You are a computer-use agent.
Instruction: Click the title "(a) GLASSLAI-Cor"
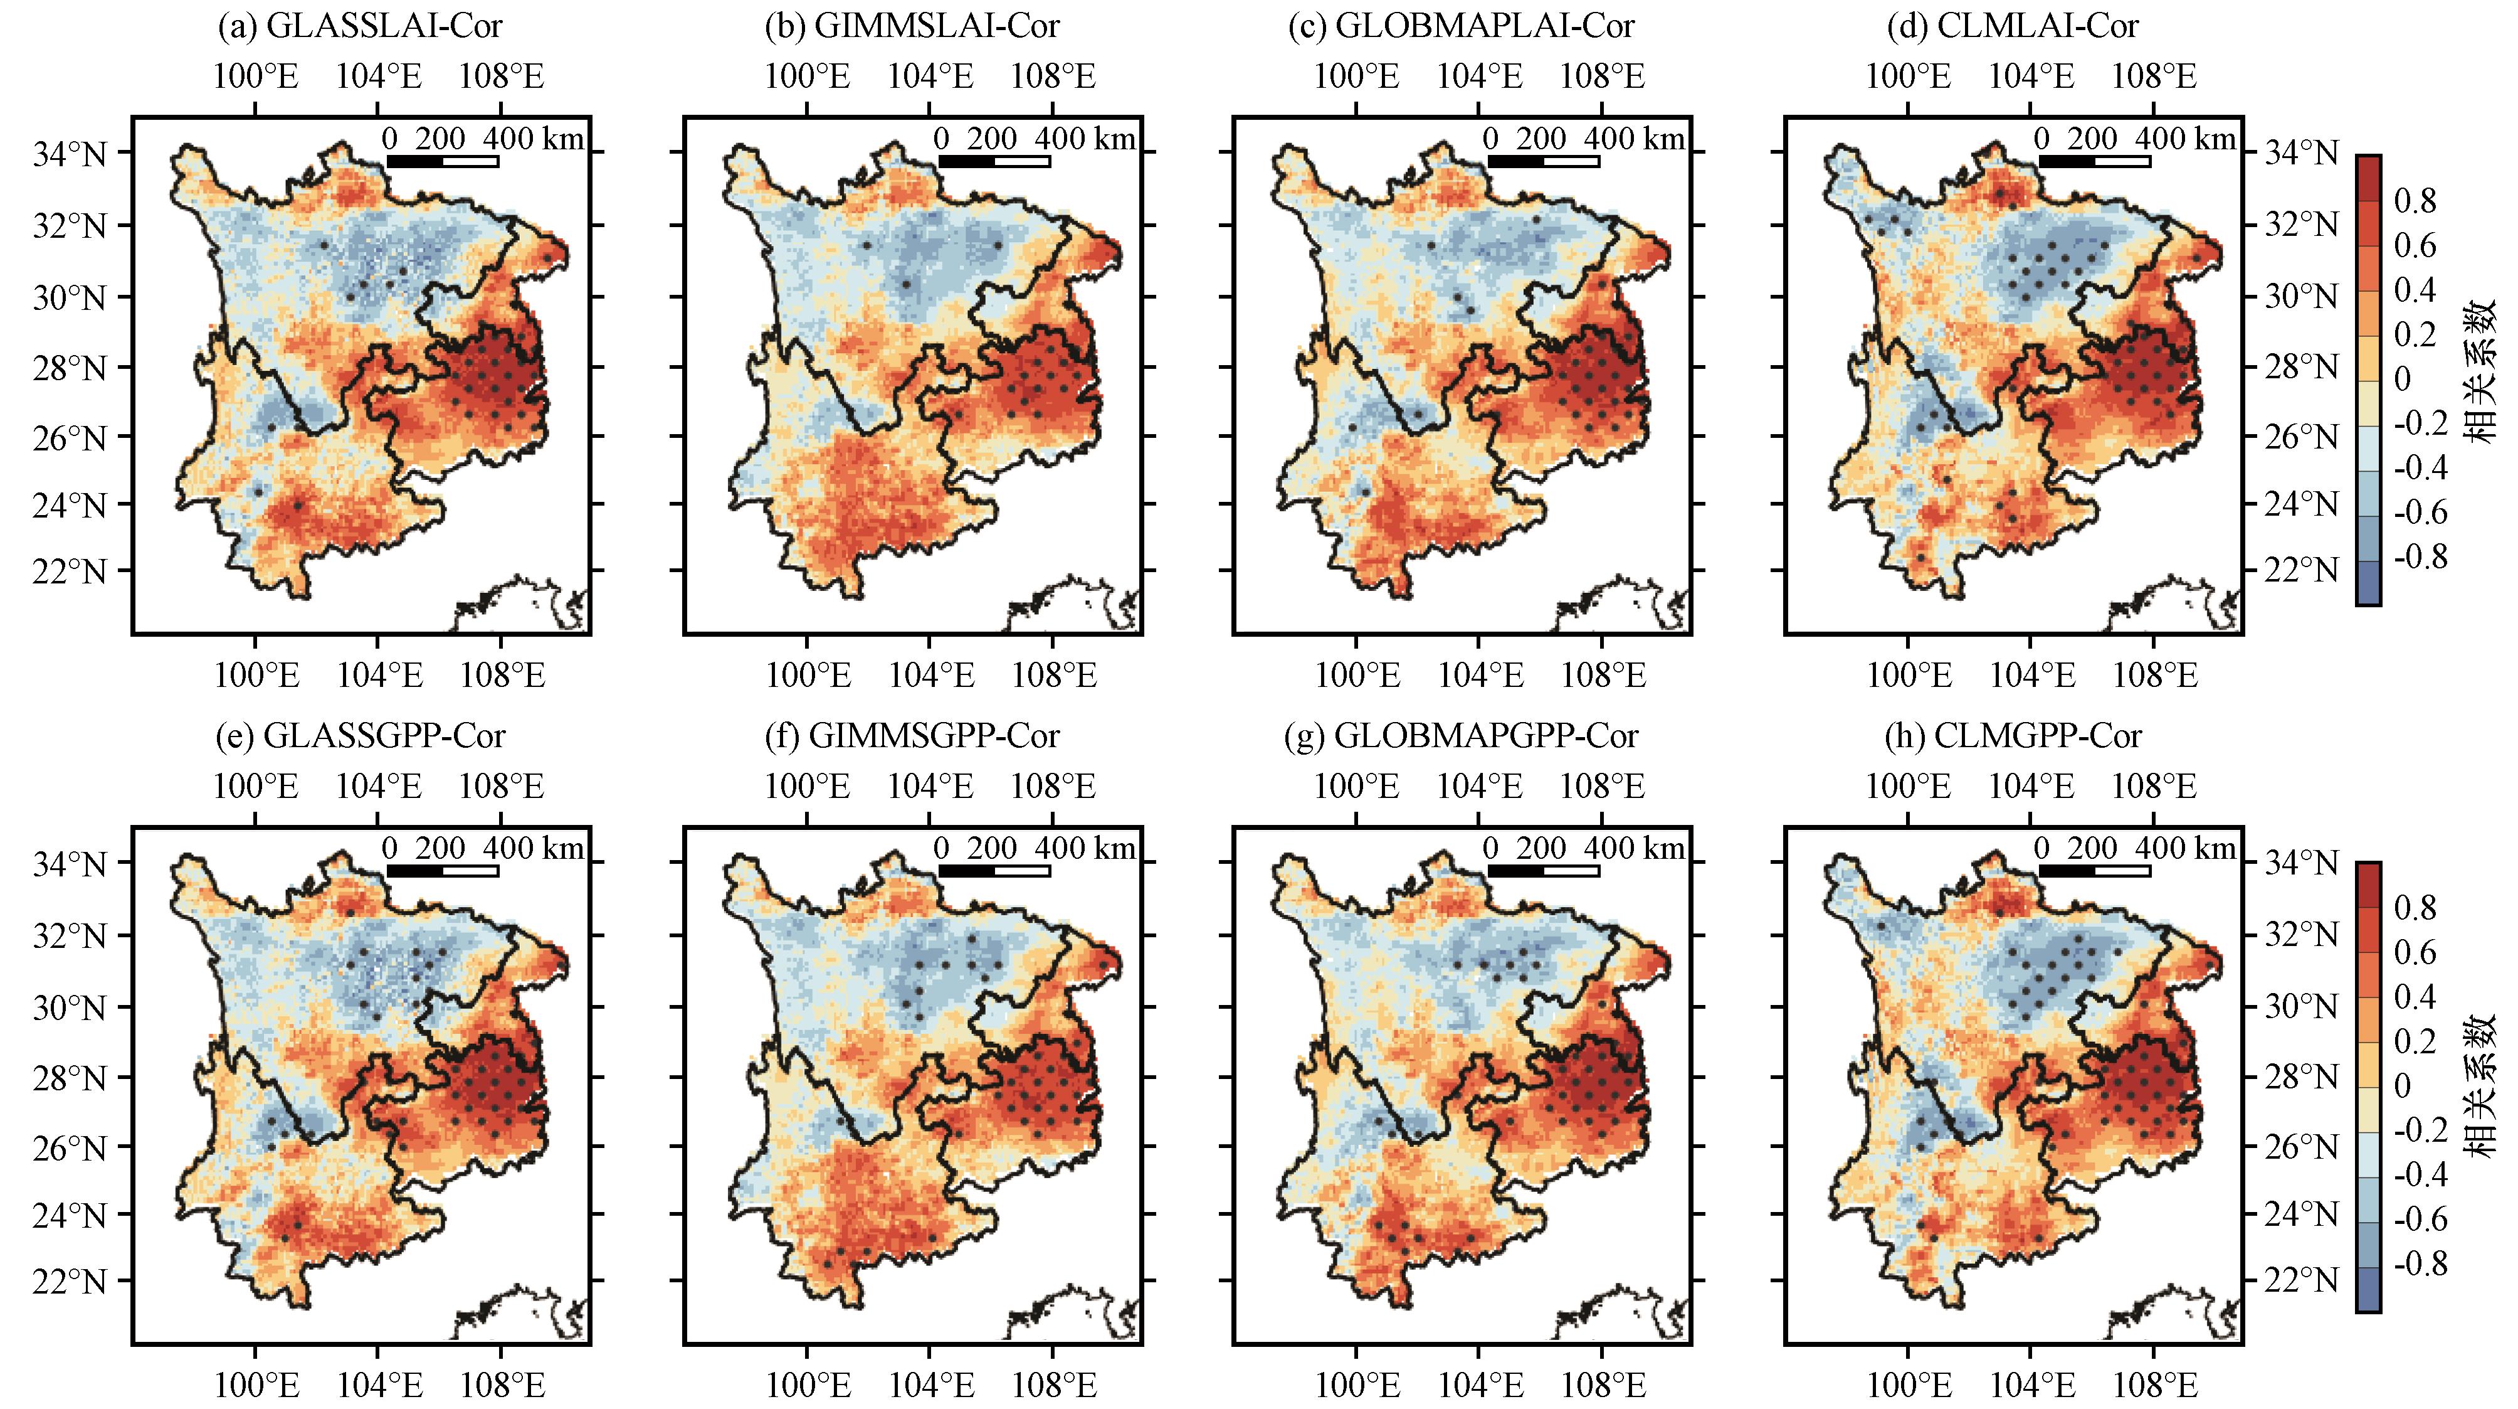360,26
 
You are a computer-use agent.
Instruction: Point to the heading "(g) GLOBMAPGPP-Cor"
1460,735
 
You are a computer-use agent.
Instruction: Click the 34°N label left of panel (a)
68,154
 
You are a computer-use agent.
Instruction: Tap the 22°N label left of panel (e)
68,1281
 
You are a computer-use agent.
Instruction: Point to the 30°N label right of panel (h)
2302,1007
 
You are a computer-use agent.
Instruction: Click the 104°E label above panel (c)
1479,77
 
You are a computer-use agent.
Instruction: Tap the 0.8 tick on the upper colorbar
2415,201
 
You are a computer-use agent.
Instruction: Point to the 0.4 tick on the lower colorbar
2415,997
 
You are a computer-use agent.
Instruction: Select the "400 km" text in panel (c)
1635,139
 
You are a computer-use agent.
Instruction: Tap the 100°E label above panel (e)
255,786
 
